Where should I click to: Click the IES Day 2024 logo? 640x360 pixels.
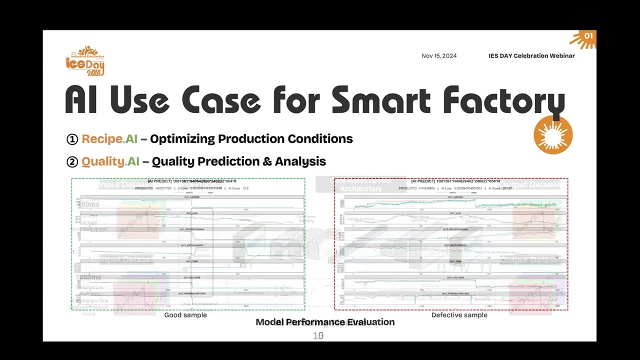coord(85,60)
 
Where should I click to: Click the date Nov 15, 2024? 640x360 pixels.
coord(438,56)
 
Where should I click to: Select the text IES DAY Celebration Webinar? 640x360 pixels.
coord(531,56)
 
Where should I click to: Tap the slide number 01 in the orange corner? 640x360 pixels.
coord(588,36)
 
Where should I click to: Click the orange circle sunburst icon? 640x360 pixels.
coord(553,135)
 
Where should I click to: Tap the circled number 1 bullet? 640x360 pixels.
coord(72,139)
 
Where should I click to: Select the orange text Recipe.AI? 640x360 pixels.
coord(109,139)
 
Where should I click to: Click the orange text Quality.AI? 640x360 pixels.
coord(110,161)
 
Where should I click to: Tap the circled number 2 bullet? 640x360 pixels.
coord(72,161)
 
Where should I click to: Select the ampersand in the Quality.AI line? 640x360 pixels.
coord(267,161)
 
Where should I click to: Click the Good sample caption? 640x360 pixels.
coord(185,315)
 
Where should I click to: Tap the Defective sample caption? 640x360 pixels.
coord(459,315)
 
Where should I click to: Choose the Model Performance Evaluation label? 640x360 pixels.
coord(325,322)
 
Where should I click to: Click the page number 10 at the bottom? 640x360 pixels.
coord(318,336)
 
